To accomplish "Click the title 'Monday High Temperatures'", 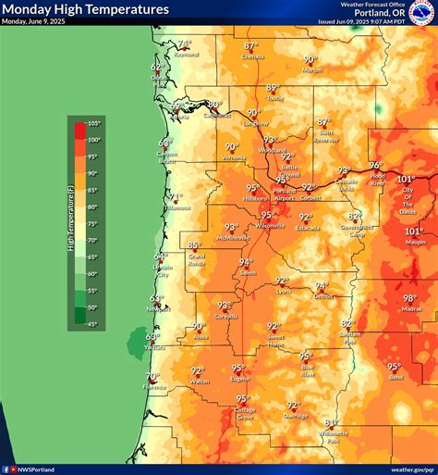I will click(86, 9).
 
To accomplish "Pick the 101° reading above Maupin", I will click(413, 231).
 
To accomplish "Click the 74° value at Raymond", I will click(185, 43).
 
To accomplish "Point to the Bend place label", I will click(395, 378).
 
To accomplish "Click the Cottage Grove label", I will click(244, 415).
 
